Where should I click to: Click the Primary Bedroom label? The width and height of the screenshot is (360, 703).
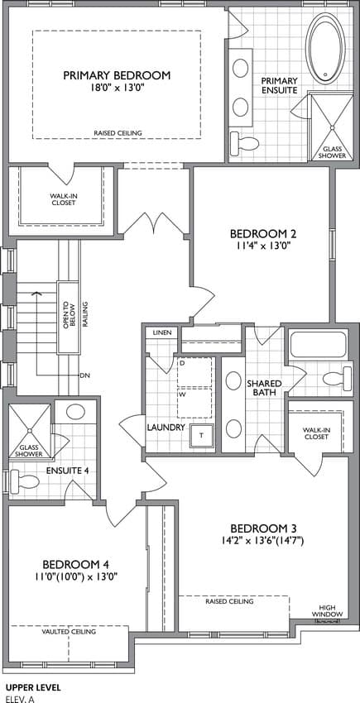117,75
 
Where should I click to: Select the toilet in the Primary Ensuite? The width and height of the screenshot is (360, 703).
244,143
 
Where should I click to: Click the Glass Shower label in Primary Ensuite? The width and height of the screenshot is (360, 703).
333,152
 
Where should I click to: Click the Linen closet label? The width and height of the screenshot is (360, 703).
161,332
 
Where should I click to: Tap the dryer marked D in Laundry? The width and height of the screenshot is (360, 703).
194,371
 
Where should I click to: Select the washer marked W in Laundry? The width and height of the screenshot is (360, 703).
194,403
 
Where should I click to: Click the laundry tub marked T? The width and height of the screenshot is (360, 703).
202,435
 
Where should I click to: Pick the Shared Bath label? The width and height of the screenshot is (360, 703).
264,388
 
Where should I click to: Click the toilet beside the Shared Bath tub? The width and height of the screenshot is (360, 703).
337,376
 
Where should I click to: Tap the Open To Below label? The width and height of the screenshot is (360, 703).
68,317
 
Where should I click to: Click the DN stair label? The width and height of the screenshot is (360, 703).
84,375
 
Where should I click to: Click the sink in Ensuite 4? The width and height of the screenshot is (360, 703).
75,411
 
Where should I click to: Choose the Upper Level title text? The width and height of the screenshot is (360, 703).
33,686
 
